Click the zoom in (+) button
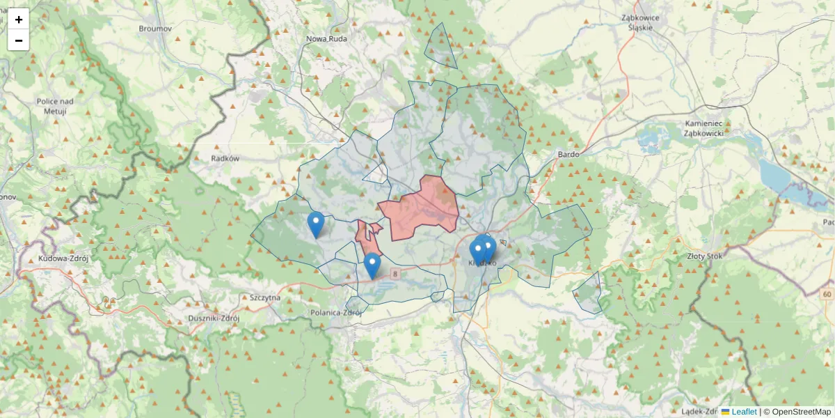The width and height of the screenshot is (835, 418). coord(19,20)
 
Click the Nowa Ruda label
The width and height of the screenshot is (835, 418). coord(326,39)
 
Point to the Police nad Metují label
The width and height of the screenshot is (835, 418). coord(55,106)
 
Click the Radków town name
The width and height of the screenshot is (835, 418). coord(225,158)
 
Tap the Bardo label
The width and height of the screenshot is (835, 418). coord(568,154)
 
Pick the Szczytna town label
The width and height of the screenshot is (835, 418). coord(264,297)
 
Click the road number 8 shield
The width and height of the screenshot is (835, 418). coord(395,273)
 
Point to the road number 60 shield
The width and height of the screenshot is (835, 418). coord(826,295)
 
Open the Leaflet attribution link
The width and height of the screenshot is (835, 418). coord(743,412)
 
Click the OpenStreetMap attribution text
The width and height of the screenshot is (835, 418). coord(801,412)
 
